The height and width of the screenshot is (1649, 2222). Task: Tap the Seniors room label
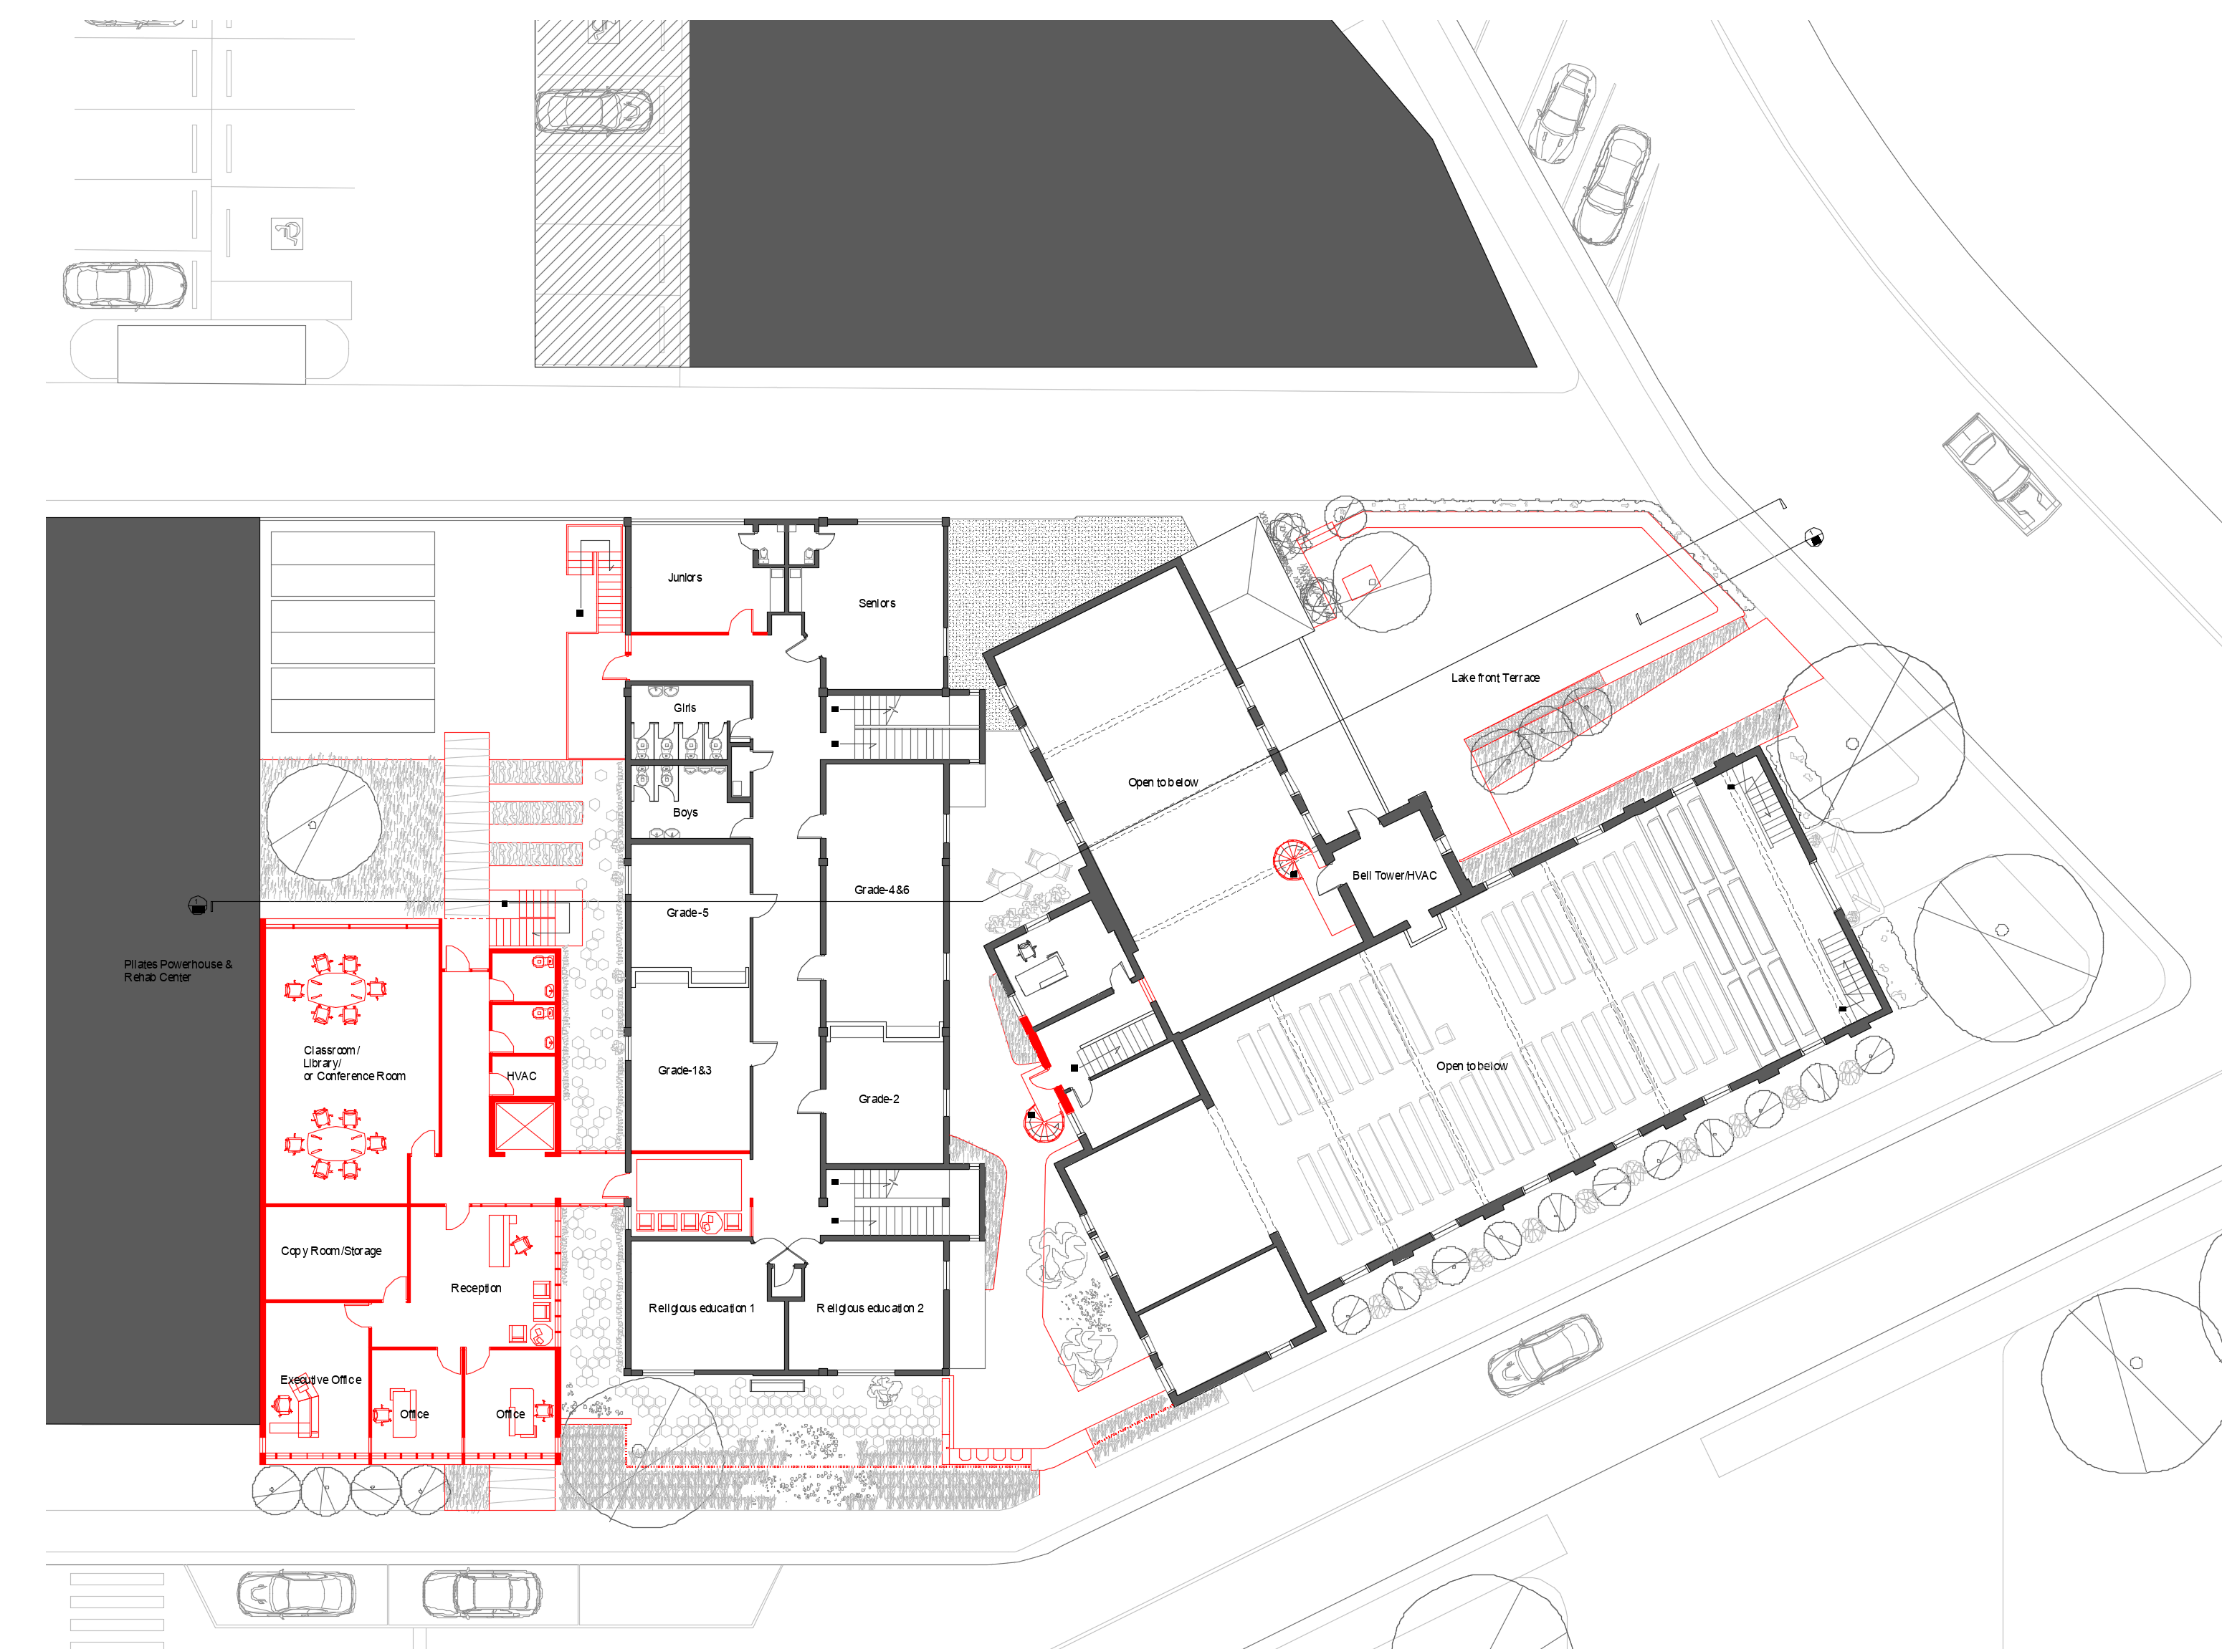point(877,604)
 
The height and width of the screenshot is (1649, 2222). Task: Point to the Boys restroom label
point(685,812)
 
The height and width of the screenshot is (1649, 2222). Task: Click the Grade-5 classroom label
point(687,913)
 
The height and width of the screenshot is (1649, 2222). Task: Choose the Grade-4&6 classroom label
point(882,890)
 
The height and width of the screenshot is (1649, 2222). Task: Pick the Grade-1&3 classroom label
point(685,1071)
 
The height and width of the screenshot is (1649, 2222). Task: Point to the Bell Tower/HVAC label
point(1394,876)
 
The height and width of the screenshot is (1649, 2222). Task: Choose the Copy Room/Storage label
point(330,1251)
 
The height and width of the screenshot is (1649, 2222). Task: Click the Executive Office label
point(320,1380)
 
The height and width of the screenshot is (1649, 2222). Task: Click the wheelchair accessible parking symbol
point(287,234)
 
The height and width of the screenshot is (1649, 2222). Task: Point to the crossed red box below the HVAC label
point(523,1127)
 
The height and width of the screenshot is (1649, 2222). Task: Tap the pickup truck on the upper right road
point(2001,473)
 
